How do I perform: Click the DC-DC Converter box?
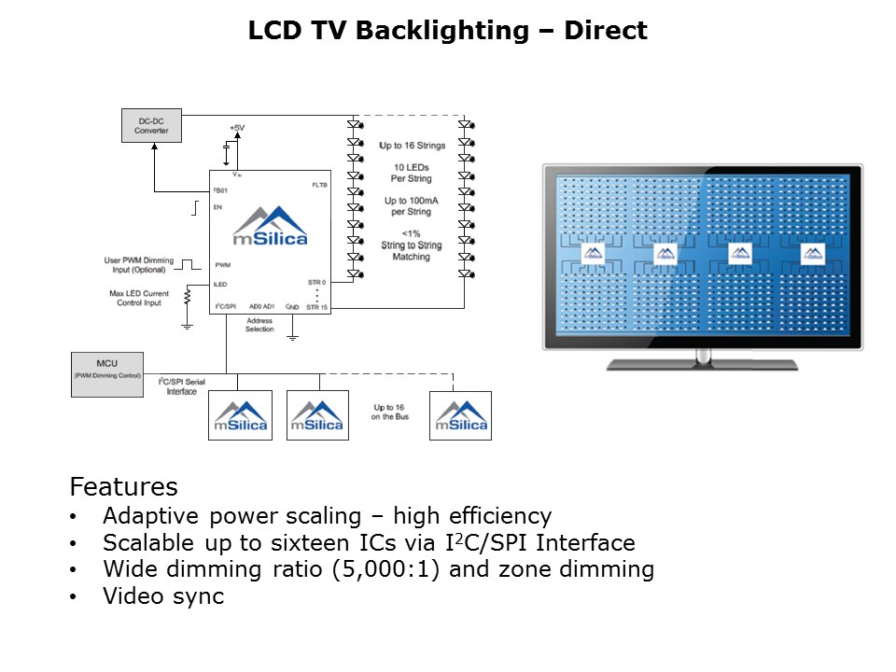pos(151,125)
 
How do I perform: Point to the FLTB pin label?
pos(318,186)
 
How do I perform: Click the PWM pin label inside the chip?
pos(222,265)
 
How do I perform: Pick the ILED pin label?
pos(220,284)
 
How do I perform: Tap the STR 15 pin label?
pos(317,306)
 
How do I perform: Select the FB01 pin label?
pos(221,189)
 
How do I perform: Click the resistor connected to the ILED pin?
pos(187,297)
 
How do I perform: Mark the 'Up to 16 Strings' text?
pos(412,146)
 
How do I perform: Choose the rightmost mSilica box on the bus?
pos(460,415)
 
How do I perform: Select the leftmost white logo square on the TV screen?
pos(593,253)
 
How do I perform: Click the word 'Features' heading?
pos(123,487)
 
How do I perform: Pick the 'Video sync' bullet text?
pos(163,596)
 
